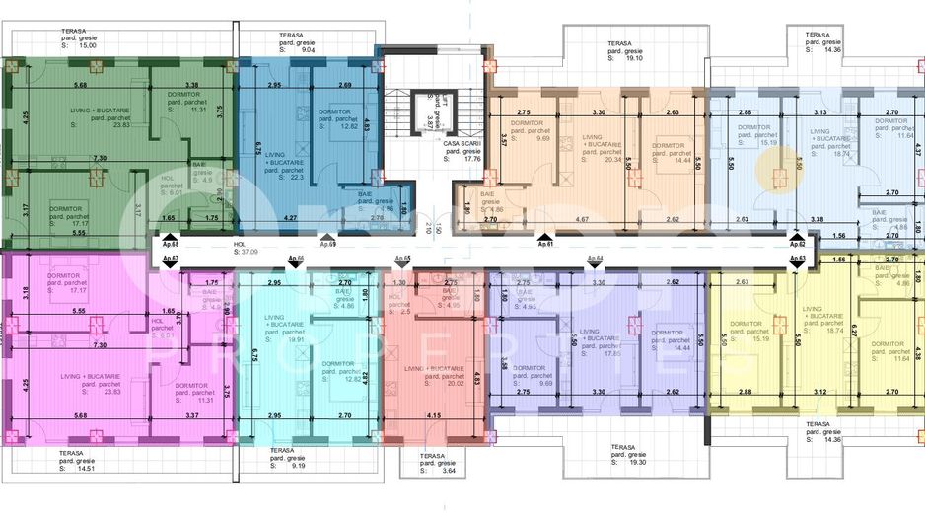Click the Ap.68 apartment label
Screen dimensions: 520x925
coord(170,242)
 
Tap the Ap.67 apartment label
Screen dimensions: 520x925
coord(170,259)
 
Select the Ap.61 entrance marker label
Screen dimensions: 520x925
coord(542,242)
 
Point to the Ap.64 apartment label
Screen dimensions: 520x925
coord(594,259)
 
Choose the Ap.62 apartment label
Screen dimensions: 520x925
coord(798,242)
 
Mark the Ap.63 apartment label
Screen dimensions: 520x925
coord(798,259)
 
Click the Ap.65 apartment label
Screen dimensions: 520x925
coord(402,259)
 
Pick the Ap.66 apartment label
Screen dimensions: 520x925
coord(294,259)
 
